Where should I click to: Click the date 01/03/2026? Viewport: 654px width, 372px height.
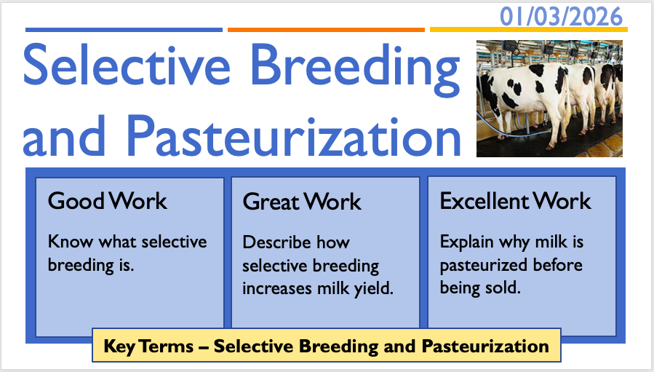561,17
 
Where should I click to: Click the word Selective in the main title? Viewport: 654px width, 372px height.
127,65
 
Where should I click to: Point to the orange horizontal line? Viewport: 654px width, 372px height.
326,30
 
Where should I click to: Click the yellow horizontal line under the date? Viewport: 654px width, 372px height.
529,30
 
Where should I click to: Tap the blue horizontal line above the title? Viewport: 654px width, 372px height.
124,30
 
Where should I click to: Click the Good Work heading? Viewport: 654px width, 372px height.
107,201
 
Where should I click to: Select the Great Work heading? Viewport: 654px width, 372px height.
302,202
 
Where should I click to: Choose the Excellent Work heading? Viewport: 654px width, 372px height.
515,201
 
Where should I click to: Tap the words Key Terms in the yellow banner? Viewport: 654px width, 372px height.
148,347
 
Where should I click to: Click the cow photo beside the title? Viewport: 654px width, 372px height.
549,98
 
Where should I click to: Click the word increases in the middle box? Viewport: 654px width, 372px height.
277,288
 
